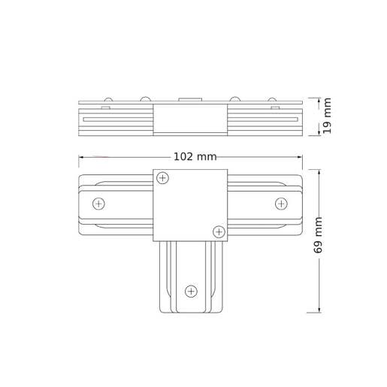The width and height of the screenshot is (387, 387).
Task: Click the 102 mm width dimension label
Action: coord(195,157)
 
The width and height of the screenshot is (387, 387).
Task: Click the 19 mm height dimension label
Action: coord(328,117)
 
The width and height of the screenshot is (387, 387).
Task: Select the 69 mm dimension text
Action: coord(319,235)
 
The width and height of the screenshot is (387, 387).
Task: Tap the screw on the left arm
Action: coord(98,204)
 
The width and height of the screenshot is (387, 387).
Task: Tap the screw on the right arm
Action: coord(281,204)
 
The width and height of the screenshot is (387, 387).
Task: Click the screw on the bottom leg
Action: coord(191,291)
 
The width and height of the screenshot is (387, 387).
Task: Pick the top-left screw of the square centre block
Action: coord(163,178)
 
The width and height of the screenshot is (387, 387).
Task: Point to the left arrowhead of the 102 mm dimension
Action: coord(81,157)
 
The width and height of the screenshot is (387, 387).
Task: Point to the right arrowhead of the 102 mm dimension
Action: coord(300,157)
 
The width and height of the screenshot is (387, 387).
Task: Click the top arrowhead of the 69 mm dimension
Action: coord(319,172)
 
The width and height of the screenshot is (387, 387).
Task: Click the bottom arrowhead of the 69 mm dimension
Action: coord(319,309)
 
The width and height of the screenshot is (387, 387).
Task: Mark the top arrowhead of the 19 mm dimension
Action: coord(319,100)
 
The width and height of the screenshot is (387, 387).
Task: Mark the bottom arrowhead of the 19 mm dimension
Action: coord(319,133)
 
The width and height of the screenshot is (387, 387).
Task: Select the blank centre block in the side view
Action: coord(190,118)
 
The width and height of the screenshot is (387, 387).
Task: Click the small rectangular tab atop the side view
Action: coord(190,98)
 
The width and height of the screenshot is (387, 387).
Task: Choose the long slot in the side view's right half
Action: coord(262,119)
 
